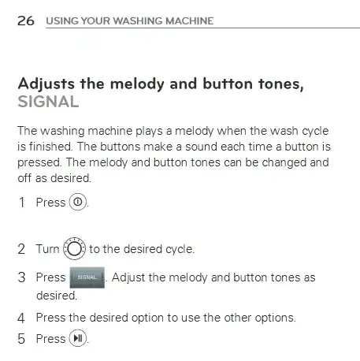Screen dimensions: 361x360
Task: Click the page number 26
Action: tap(25, 20)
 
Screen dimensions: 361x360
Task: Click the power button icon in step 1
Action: tap(78, 202)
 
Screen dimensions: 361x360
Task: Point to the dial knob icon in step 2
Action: tap(74, 248)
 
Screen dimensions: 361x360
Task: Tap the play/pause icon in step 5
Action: tap(78, 339)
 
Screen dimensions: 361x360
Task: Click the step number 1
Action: tap(21, 203)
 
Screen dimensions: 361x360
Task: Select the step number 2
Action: tap(21, 249)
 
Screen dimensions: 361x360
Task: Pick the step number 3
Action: tap(21, 277)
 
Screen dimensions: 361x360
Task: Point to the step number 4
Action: tap(21, 318)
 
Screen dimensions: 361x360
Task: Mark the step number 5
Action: tap(21, 339)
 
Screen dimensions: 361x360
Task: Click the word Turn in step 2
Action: tap(47, 249)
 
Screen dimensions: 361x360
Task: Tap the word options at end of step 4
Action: tap(273, 318)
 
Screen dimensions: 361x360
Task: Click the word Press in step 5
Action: tap(50, 339)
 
